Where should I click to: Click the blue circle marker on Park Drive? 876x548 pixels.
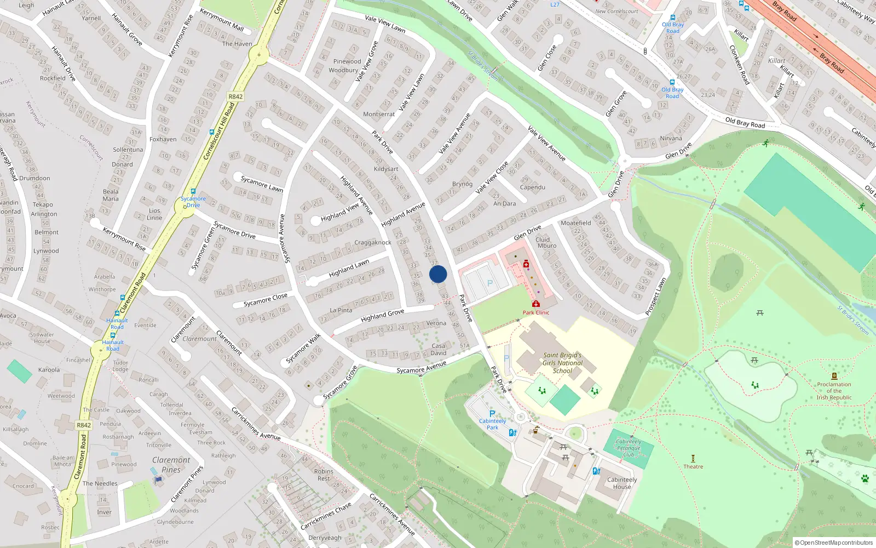(x=438, y=274)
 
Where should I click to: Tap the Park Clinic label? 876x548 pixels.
(x=535, y=312)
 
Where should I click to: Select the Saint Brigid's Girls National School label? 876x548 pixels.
(x=562, y=363)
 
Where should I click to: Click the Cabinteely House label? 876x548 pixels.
(x=622, y=483)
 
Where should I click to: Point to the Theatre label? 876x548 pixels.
(x=693, y=466)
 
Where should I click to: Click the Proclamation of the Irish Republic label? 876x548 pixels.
(x=834, y=391)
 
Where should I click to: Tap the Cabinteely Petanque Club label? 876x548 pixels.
(x=629, y=448)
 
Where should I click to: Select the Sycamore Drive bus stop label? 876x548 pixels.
(x=193, y=202)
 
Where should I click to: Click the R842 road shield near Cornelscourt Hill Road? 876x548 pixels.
(x=235, y=96)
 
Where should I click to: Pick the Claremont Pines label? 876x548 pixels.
(x=171, y=465)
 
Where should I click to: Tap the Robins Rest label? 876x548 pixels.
(x=324, y=475)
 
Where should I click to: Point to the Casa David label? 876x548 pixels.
(x=439, y=349)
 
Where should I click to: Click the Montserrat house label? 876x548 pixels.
(x=379, y=114)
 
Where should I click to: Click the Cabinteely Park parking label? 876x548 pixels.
(x=492, y=424)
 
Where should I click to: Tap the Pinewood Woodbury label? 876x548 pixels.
(x=345, y=66)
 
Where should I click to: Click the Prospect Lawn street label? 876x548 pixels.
(x=655, y=297)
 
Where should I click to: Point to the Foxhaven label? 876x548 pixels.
(x=163, y=139)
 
